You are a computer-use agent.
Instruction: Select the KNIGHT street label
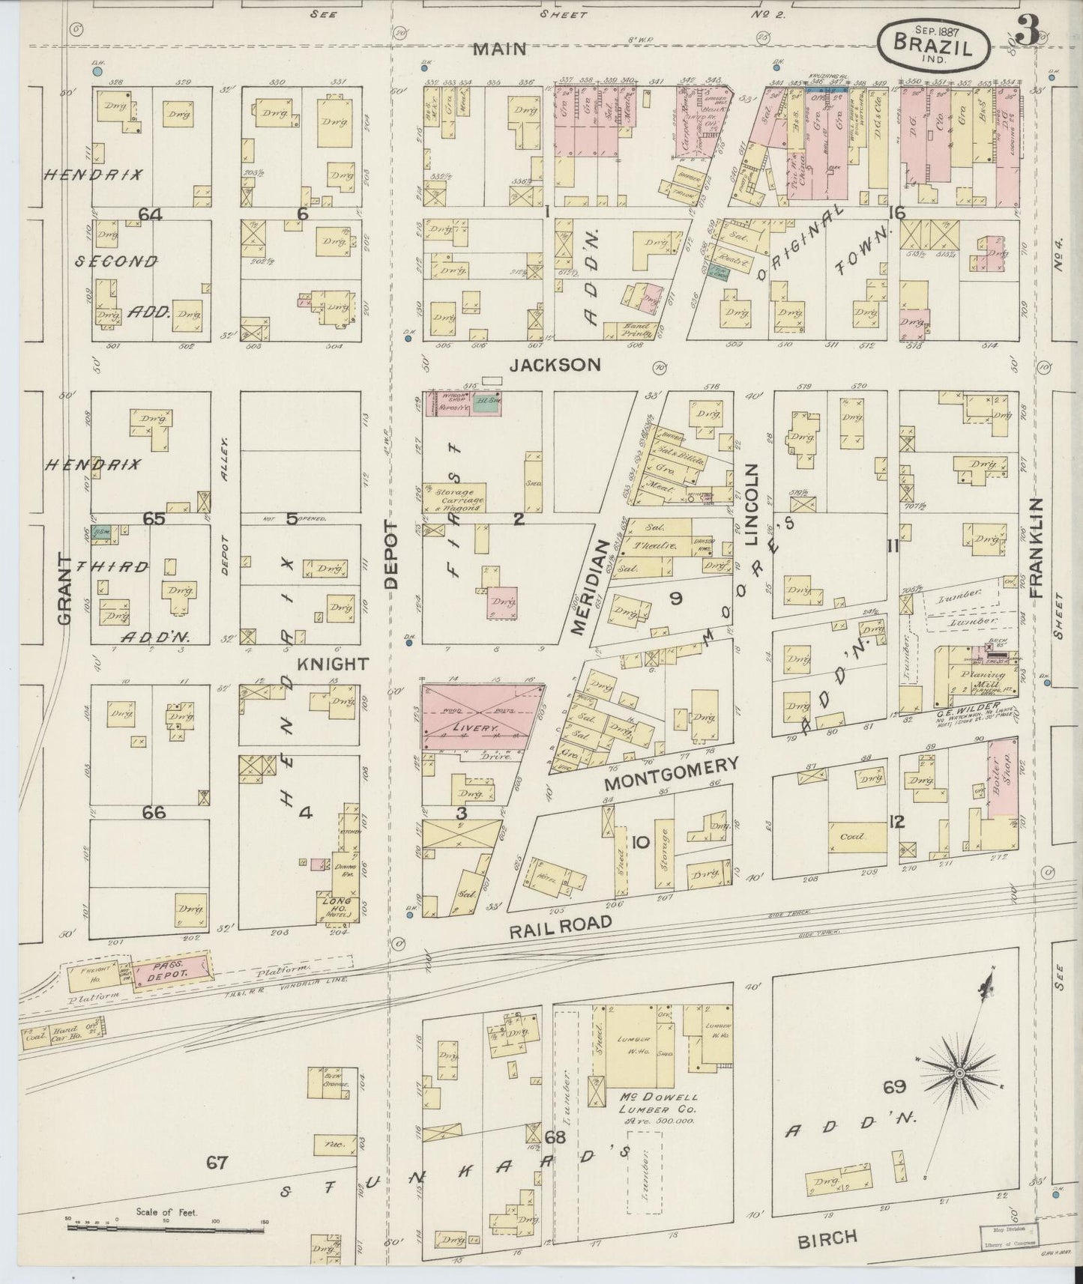pos(333,664)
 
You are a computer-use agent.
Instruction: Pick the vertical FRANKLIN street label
pos(1037,547)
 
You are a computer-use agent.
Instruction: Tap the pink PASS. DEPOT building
pos(170,970)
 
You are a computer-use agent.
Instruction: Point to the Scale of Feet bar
pos(165,1229)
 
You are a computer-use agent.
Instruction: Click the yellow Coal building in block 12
pos(853,835)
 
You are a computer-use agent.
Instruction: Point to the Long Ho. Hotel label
pos(332,903)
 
